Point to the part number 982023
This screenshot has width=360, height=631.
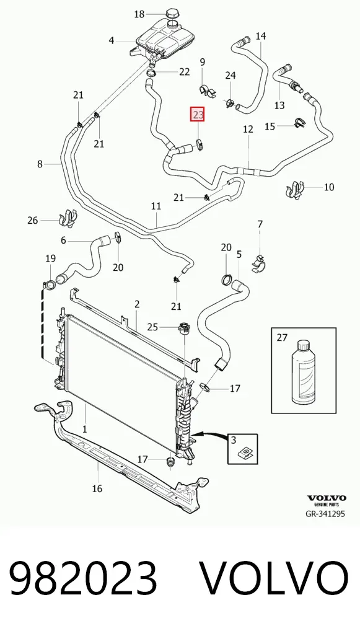(83, 578)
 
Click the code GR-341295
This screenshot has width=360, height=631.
(326, 513)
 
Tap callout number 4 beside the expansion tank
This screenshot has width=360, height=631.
(112, 40)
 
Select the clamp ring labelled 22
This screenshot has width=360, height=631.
(152, 74)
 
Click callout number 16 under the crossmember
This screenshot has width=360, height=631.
(97, 488)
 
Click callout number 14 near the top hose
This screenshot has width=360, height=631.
(261, 36)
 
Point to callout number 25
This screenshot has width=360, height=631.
(152, 327)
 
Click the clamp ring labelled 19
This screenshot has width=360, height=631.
(50, 285)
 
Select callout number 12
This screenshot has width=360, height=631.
(248, 129)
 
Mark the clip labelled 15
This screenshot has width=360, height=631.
(299, 122)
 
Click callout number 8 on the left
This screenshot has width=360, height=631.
(40, 164)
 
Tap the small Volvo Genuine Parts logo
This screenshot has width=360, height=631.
(327, 501)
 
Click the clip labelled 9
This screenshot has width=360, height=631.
(208, 90)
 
